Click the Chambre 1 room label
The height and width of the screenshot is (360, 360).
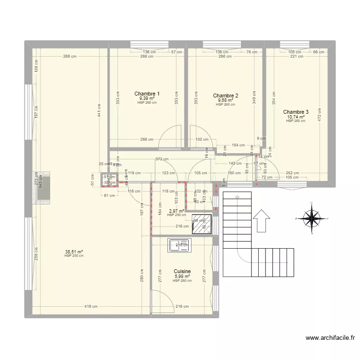[x=147, y=94]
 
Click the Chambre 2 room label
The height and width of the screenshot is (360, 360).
[x=226, y=96]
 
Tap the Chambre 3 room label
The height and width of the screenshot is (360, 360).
[x=296, y=112]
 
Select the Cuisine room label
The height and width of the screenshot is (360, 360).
[x=182, y=271]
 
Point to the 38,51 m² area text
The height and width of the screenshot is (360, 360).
[x=74, y=251]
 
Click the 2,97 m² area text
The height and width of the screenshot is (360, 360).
[x=177, y=211]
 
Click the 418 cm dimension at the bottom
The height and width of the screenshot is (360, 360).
[x=91, y=306]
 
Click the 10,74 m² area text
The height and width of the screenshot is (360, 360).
[x=296, y=117]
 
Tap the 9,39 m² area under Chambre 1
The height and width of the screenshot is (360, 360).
[x=147, y=98]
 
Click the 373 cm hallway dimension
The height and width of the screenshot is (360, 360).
[x=162, y=159]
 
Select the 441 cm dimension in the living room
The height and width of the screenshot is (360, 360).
[x=99, y=111]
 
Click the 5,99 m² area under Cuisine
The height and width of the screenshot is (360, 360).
[x=182, y=276]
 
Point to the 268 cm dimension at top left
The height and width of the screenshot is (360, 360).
[x=70, y=56]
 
